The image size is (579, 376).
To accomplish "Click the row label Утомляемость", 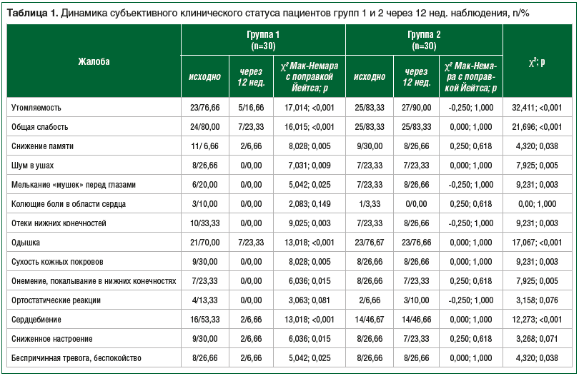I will pyautogui.click(x=36, y=108).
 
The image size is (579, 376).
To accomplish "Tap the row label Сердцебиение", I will pyautogui.click(x=36, y=319).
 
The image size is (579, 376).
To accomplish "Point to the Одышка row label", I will pyautogui.click(x=26, y=242).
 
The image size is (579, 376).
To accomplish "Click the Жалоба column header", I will pyautogui.click(x=94, y=61).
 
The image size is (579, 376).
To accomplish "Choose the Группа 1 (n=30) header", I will pyautogui.click(x=263, y=40).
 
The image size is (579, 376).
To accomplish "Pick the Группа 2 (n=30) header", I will pyautogui.click(x=424, y=40).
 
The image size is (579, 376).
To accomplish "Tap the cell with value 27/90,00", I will pyautogui.click(x=416, y=108).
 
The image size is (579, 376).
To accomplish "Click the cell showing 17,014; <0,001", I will pyautogui.click(x=310, y=108).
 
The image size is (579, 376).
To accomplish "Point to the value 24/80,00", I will pyautogui.click(x=204, y=127).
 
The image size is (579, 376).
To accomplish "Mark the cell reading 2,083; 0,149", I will pyautogui.click(x=310, y=204).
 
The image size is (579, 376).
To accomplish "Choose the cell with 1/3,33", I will pyautogui.click(x=370, y=204).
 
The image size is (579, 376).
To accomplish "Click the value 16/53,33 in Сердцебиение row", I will pyautogui.click(x=204, y=319).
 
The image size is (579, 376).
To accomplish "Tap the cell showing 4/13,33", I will pyautogui.click(x=204, y=300).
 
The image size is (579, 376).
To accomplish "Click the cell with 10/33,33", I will pyautogui.click(x=204, y=223).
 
